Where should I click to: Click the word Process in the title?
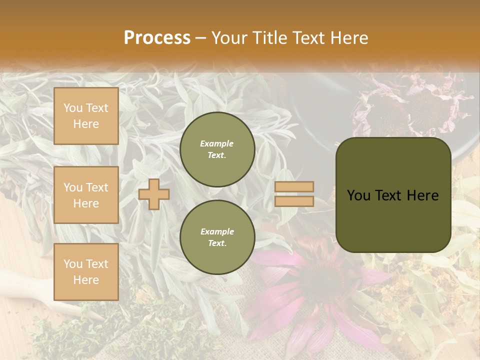pos(157,38)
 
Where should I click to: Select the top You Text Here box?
pos(86,116)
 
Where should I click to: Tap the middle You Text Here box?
pos(86,195)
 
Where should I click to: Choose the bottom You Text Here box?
pos(86,271)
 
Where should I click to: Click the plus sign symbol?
pos(153,194)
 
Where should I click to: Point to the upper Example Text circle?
pos(217,149)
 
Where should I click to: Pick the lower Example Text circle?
pos(217,237)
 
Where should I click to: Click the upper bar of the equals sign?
pos(294,186)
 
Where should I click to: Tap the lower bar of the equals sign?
pos(294,201)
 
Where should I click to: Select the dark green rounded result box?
pos(393,195)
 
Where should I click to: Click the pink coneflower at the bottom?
pos(320,280)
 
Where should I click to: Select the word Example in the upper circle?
pos(217,143)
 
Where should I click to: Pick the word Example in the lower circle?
pos(217,231)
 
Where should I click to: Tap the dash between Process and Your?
pos(201,38)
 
